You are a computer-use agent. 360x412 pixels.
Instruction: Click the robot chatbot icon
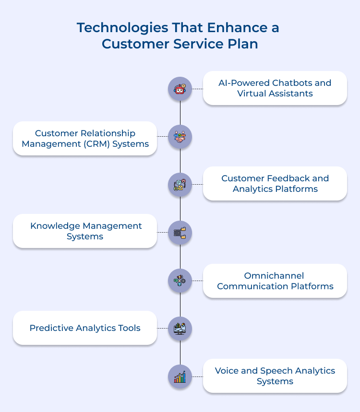point(180,89)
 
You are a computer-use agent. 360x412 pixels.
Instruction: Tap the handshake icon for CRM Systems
point(180,137)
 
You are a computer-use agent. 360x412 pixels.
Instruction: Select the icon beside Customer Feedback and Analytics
point(180,185)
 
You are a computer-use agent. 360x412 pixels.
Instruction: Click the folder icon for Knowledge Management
point(180,233)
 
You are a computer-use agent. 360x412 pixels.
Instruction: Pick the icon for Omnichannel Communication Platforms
point(180,281)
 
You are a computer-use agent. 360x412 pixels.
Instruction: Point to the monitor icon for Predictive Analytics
point(180,329)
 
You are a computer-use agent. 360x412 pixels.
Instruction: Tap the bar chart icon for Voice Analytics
point(180,377)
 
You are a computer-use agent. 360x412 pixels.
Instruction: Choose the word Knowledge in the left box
point(56,226)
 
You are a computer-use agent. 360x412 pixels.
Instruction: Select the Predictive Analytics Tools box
point(85,328)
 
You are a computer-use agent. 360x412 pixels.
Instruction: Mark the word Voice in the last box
point(227,371)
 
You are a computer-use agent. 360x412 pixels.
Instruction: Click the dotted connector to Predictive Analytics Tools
point(163,329)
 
